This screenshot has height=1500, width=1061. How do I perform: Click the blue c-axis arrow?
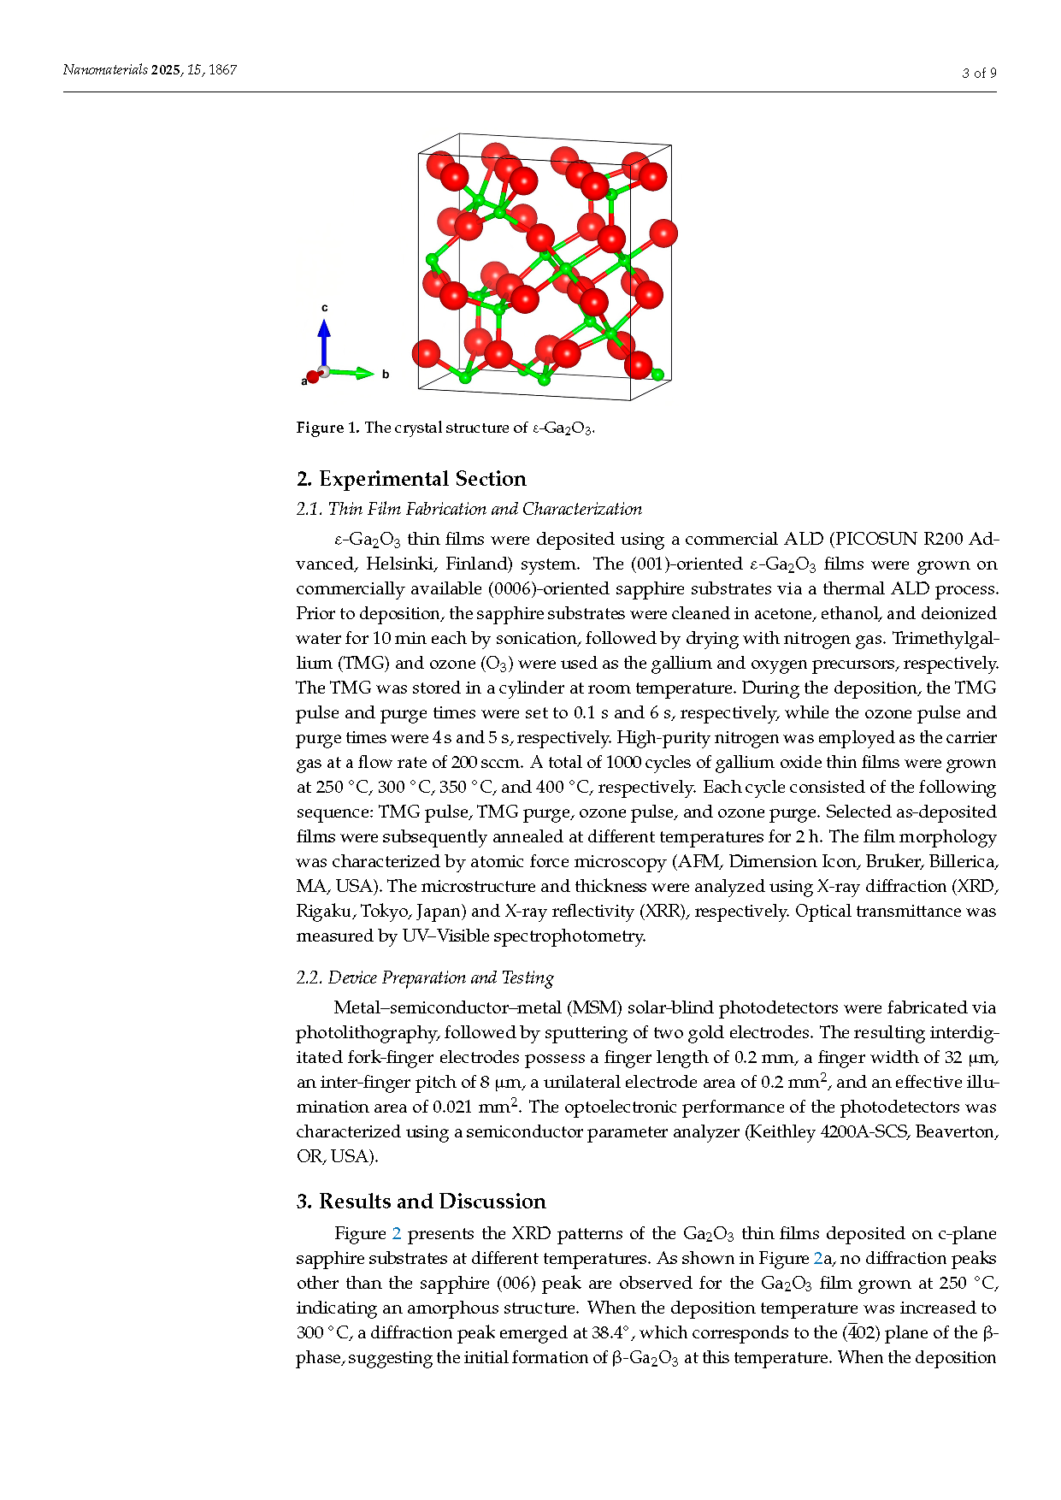point(324,342)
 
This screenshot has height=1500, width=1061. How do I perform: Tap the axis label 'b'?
point(386,375)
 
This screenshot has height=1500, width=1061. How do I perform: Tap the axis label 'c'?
point(325,307)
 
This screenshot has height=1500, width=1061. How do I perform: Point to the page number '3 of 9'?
point(979,74)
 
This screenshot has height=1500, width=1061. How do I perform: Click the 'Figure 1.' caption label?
point(328,428)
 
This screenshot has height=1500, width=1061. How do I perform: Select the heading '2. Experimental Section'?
point(411,479)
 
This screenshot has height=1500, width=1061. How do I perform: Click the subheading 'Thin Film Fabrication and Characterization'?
point(485,510)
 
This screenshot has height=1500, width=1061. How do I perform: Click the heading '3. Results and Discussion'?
point(421,1202)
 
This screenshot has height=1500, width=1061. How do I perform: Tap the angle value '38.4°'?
point(610,1333)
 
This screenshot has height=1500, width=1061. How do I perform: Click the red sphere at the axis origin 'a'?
point(313,377)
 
